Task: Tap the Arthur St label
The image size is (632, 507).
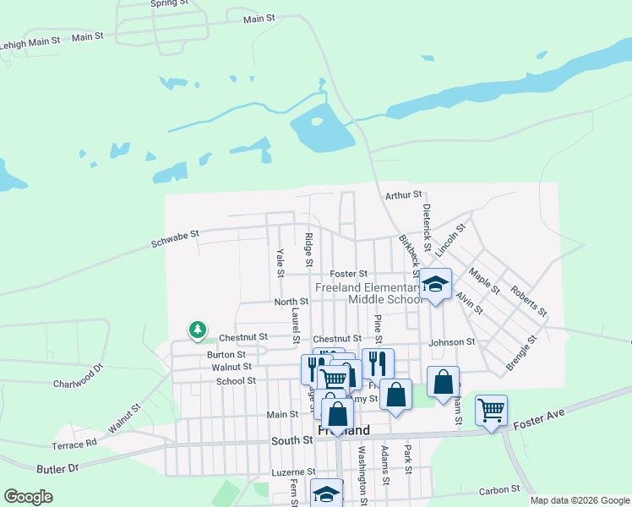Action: [x=403, y=194]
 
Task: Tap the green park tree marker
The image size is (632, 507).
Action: [x=197, y=329]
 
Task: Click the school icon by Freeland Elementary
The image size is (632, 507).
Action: [x=435, y=285]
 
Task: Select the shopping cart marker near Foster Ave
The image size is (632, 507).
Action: [x=491, y=410]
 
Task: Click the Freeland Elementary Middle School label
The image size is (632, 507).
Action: [x=369, y=293]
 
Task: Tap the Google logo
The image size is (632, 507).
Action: [x=28, y=497]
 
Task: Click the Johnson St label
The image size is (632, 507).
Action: [x=451, y=342]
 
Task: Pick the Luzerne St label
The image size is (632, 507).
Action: [x=292, y=472]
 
